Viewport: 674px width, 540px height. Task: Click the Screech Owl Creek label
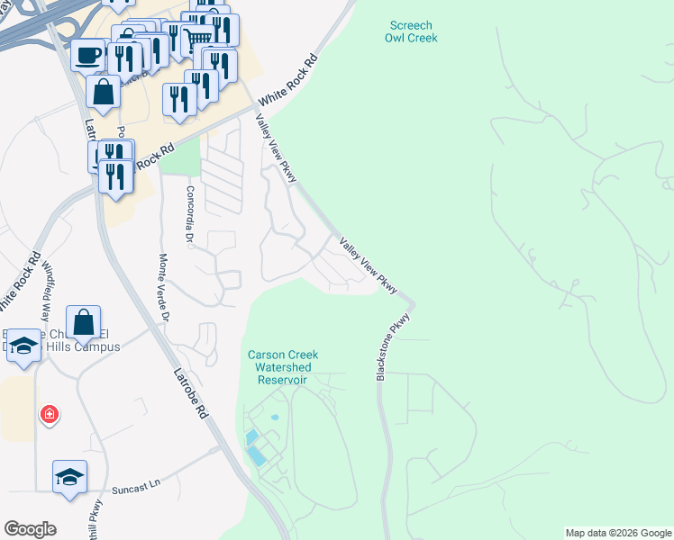411,31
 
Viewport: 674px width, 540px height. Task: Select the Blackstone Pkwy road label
393,346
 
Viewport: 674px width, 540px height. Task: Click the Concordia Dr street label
190,215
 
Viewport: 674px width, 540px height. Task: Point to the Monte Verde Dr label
163,287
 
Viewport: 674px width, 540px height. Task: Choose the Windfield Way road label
45,286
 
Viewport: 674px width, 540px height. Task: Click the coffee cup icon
87,55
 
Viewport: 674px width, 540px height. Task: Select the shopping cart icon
198,37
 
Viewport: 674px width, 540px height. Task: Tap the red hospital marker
50,414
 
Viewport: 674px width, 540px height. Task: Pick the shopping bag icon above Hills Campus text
84,322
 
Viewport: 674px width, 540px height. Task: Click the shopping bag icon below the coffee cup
104,91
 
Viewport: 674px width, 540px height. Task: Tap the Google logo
30,529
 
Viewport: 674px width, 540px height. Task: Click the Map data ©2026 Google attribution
618,533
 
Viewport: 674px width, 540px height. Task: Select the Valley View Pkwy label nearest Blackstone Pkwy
369,265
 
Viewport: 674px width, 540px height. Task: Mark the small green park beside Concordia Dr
183,158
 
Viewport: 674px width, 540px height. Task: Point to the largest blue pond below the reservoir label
258,455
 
